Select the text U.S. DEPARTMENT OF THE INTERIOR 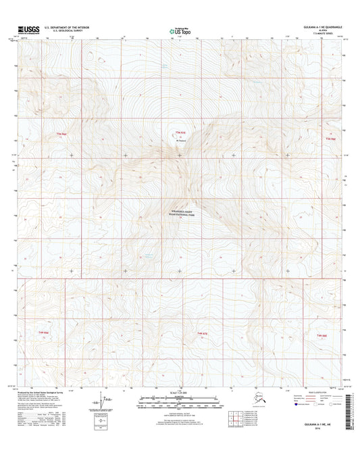coord(67,28)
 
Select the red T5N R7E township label coord(180,131)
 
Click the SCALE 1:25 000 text coord(179,393)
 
